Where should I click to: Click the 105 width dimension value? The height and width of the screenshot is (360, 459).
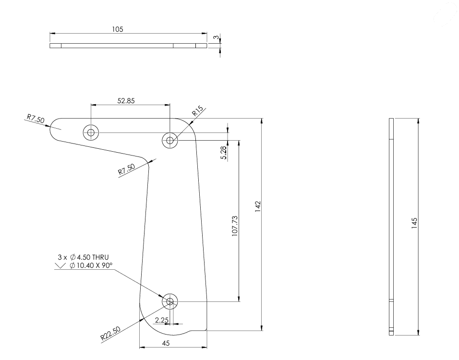117,29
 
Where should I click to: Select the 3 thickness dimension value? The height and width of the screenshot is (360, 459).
216,37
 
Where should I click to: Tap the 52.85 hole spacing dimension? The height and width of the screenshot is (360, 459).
126,101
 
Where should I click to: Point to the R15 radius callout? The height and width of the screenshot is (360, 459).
198,111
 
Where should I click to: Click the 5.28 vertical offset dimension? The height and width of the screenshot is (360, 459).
223,153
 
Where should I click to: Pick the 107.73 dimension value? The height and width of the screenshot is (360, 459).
235,226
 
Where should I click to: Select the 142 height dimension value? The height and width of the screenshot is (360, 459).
258,206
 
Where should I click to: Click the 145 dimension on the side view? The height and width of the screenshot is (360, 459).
414,223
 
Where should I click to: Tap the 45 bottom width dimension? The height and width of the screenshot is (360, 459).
166,343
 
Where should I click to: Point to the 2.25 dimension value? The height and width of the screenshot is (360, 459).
162,320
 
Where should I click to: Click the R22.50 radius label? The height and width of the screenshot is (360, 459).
110,334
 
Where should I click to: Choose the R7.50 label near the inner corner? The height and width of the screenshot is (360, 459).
126,169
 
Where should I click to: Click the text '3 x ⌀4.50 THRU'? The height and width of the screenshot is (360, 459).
83,257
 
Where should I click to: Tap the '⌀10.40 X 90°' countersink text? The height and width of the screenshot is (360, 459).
91,265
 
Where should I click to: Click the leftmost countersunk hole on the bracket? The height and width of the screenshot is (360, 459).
91,133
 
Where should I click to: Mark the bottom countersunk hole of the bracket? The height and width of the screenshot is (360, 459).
170,301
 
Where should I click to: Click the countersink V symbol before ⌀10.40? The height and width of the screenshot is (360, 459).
60,266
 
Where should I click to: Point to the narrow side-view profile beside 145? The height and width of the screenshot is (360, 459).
391,227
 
